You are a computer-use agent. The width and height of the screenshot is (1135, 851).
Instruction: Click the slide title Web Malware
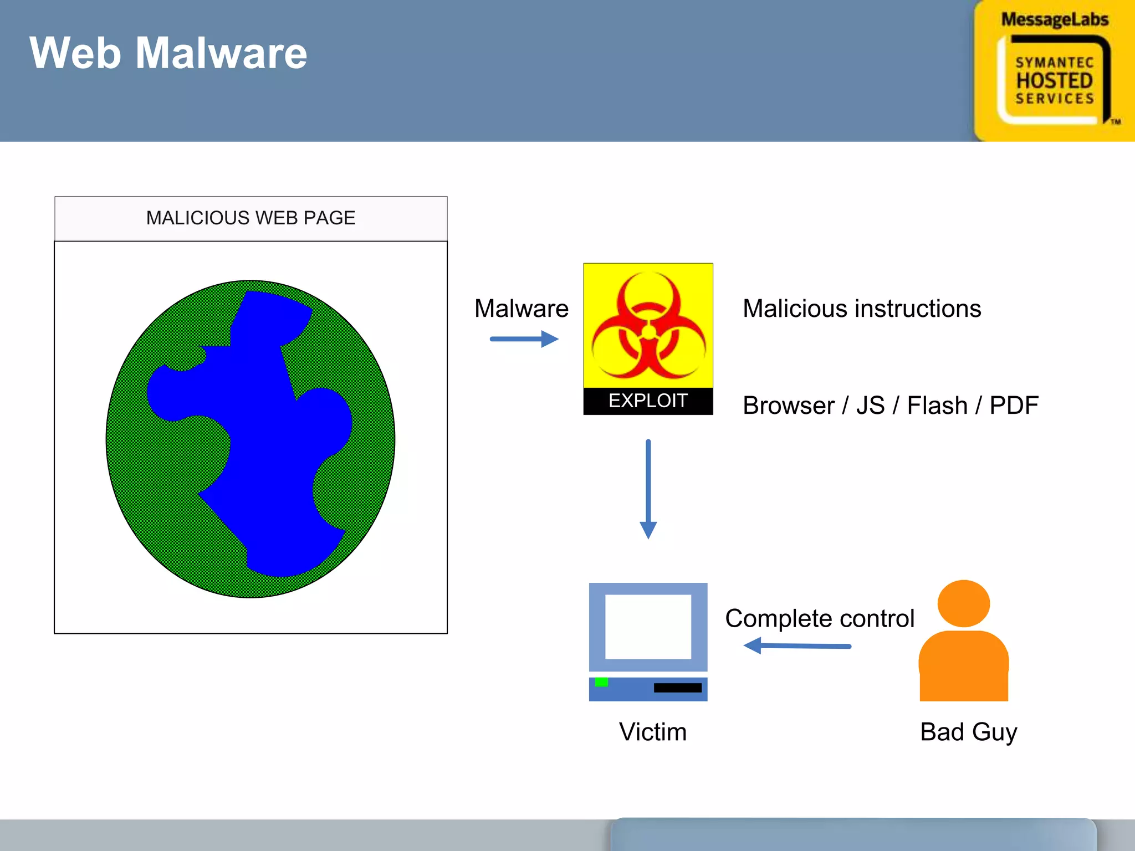pos(168,53)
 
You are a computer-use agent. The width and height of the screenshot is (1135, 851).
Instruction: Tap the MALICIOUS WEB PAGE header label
pos(250,218)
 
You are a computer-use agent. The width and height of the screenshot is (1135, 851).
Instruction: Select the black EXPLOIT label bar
pos(648,401)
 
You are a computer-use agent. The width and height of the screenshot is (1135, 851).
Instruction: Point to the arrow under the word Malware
pos(524,339)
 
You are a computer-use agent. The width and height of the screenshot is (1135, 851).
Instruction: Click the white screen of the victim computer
pos(648,627)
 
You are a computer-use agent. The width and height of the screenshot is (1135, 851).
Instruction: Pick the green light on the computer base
pos(601,682)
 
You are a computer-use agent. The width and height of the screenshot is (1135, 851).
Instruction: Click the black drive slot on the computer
pos(677,688)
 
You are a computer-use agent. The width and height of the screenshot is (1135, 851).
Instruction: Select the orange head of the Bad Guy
pos(963,603)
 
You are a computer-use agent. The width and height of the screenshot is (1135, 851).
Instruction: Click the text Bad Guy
pos(968,732)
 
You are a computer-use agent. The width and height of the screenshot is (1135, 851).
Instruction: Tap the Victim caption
pos(652,732)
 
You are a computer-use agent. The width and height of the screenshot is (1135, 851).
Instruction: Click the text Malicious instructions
pos(862,309)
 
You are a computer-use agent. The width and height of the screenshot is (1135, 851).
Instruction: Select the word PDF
pos(1014,406)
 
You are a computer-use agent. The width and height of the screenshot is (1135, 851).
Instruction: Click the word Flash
pos(937,406)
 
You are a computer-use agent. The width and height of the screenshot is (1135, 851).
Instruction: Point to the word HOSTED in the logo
pos(1054,81)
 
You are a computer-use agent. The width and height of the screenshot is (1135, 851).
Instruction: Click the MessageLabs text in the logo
pos(1054,20)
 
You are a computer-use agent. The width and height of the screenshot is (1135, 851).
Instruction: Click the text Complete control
pos(819,618)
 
